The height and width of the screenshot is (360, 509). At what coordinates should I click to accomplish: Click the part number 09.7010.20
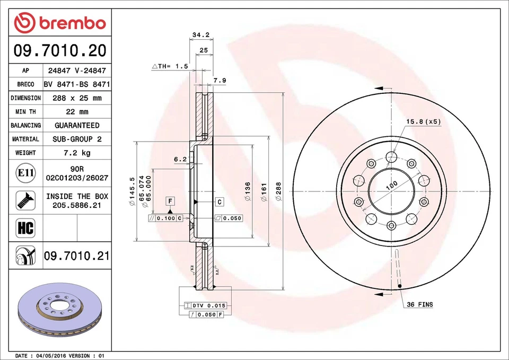(60, 51)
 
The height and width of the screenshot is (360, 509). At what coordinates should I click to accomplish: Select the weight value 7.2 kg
(77, 153)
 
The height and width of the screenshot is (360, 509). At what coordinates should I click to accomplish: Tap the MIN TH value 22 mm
(77, 112)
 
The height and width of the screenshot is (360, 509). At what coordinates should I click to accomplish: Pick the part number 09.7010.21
(77, 256)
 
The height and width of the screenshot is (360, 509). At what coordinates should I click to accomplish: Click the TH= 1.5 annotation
(170, 66)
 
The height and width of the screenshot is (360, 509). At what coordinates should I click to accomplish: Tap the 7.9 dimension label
(220, 81)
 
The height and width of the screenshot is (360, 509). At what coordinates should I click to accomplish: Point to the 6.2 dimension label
(180, 159)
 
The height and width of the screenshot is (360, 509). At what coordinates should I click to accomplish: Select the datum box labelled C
(219, 201)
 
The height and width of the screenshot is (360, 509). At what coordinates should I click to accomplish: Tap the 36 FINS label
(419, 304)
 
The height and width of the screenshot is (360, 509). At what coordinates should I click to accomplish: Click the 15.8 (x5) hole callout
(423, 121)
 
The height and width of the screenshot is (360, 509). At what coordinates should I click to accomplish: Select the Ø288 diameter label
(278, 191)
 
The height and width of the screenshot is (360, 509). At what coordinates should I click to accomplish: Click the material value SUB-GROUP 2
(77, 139)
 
